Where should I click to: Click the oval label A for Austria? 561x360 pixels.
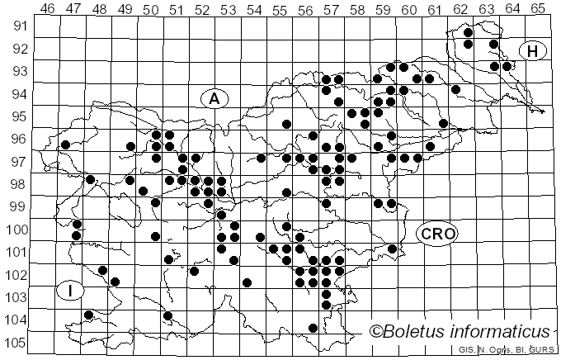point(214,99)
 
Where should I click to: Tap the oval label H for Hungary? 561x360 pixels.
point(533,51)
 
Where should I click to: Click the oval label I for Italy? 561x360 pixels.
point(71,291)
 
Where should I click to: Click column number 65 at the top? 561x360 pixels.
point(538,8)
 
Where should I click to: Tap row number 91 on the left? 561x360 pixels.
point(20,26)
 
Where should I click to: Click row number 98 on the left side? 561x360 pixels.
point(20,183)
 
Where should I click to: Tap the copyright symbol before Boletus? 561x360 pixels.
point(376,332)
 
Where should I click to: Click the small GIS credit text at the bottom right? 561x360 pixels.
point(467,350)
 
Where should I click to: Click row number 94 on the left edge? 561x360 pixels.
point(20,93)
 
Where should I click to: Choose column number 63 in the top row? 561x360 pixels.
point(486,8)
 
